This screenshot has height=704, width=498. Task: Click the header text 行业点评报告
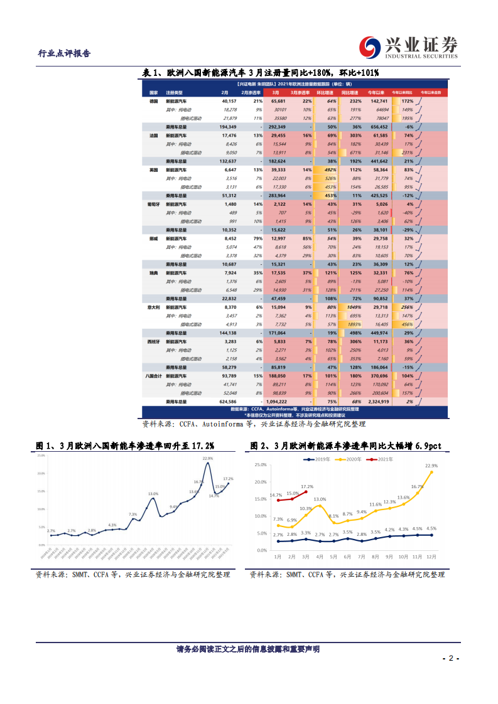pos(65,53)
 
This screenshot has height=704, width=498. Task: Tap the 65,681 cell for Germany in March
pos(278,100)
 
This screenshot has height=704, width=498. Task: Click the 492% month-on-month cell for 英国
pos(331,169)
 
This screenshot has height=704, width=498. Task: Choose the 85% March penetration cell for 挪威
pos(306,238)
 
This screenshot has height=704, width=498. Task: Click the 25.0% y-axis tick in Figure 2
pos(261,465)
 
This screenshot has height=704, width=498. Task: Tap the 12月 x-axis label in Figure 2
pos(430,556)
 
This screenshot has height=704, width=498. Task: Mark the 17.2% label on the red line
pos(307,486)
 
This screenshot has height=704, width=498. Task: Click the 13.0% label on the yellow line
pos(320,499)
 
